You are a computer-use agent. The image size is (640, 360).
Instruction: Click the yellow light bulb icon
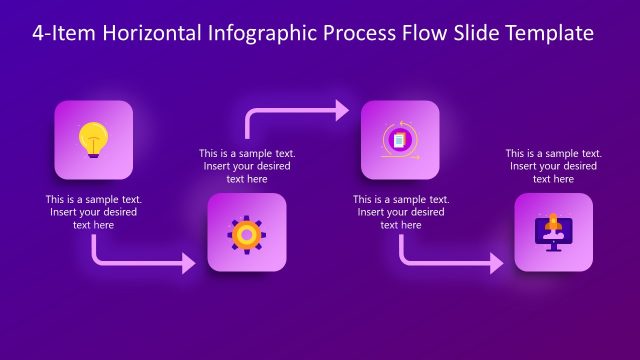[93, 137]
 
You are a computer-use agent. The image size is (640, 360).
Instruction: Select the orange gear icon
[246, 233]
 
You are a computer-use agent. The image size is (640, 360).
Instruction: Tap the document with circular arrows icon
[399, 140]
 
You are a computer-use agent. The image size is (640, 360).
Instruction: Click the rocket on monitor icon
[553, 232]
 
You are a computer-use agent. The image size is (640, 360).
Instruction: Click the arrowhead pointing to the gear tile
[188, 264]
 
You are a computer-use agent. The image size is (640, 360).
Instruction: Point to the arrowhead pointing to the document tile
[342, 109]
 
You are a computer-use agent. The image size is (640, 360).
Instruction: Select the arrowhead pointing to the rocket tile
[496, 264]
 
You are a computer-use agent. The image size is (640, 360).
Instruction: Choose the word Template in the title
[550, 33]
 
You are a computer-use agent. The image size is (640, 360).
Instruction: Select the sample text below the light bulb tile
[93, 212]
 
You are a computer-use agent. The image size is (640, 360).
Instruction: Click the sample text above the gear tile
[246, 166]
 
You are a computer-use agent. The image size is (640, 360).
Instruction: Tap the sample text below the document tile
[400, 212]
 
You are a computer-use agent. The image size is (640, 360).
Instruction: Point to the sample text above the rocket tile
[553, 166]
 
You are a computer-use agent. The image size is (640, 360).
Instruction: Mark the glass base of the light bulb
[93, 150]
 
